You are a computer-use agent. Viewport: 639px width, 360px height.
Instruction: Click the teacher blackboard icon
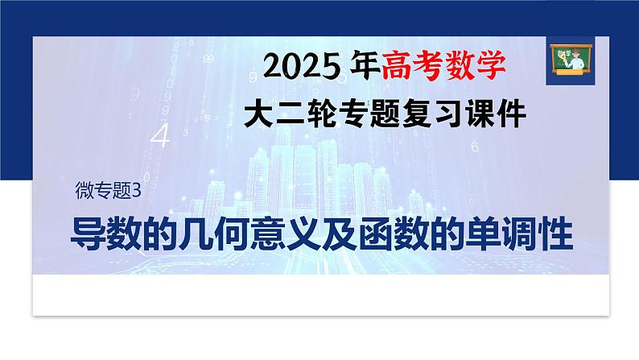click(x=566, y=58)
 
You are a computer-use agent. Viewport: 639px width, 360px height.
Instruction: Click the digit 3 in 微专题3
click(x=137, y=191)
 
